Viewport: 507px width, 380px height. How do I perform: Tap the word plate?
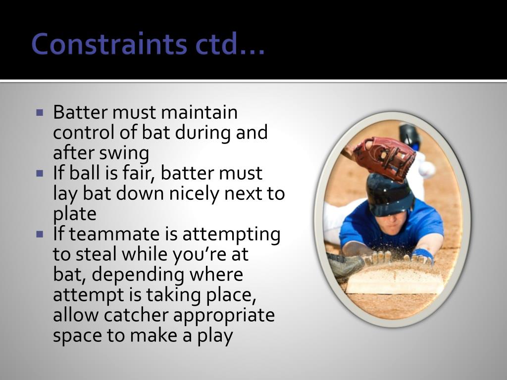point(74,214)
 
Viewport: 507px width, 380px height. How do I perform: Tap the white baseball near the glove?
point(426,169)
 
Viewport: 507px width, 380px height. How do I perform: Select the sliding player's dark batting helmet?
point(389,193)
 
